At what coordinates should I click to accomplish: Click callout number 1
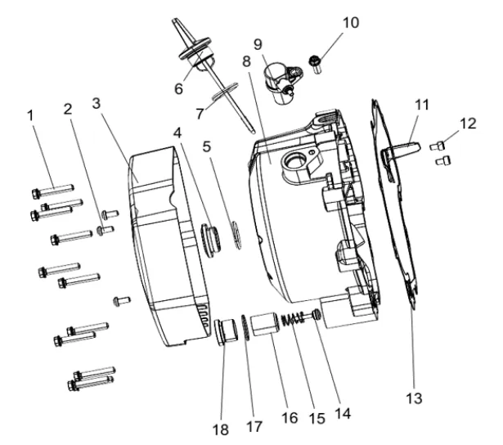[33, 116]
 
